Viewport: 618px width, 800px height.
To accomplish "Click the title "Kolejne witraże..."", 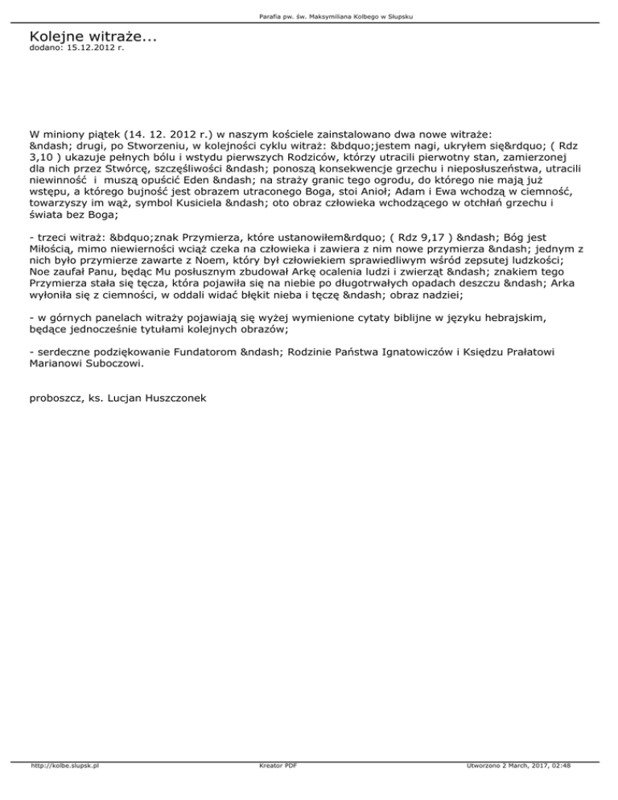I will (92, 37).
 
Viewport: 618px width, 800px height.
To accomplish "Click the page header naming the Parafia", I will (308, 17).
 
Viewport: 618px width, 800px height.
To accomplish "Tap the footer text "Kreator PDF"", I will (273, 789).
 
